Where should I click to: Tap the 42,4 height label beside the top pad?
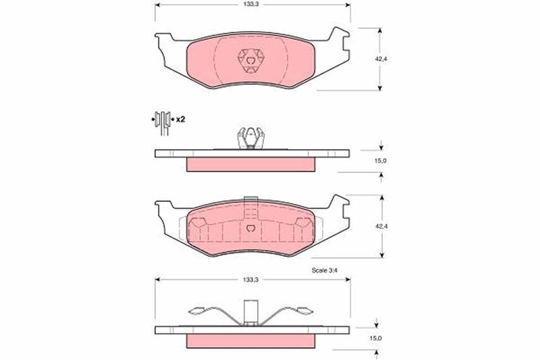(381, 59)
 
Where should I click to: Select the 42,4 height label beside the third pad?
(381, 226)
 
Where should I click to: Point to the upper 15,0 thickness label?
(380, 161)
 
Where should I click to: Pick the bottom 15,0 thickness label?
(375, 338)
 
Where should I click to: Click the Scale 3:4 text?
(325, 270)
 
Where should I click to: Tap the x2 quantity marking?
(180, 120)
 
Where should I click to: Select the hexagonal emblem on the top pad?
(251, 61)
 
